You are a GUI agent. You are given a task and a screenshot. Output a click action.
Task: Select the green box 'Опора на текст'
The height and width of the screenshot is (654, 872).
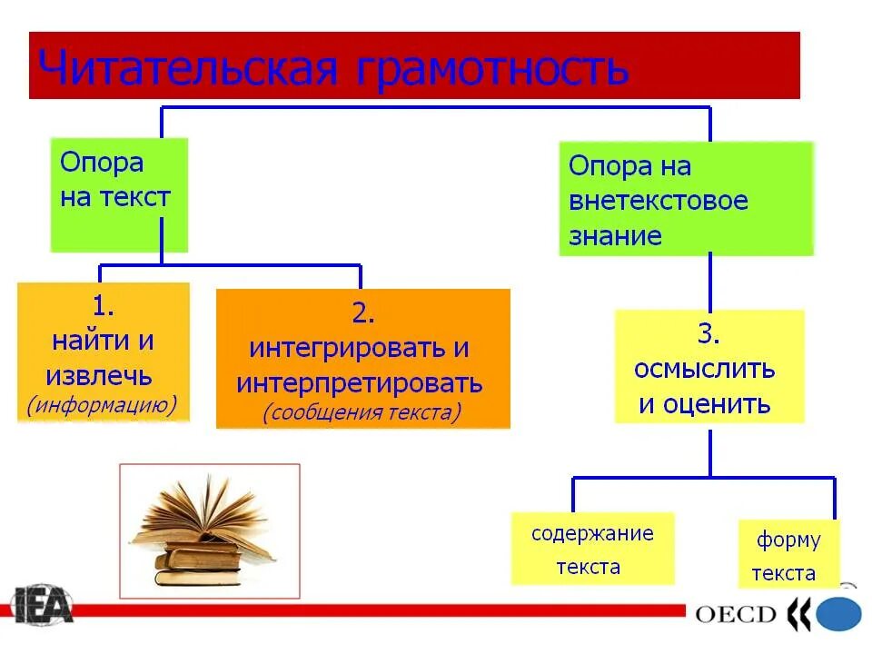tap(119, 194)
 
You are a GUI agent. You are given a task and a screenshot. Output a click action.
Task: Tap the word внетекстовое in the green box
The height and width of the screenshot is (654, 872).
tap(659, 201)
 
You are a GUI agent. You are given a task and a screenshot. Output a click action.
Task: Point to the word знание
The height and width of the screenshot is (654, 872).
tap(615, 236)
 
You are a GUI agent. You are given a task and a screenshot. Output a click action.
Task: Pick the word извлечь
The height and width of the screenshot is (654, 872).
tap(99, 375)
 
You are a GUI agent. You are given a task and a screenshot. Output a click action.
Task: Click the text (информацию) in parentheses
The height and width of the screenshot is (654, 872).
tap(102, 404)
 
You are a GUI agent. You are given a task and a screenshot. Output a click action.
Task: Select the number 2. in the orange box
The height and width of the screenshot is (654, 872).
tap(362, 314)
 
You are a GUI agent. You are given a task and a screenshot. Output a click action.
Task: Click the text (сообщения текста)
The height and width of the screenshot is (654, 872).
tap(362, 412)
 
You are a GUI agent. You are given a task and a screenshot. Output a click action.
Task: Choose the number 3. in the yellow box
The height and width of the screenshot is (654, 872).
tap(708, 334)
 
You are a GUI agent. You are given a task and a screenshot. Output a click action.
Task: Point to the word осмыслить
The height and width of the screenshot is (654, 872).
tap(705, 369)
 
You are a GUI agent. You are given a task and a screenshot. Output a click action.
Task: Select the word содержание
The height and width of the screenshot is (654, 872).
tap(592, 533)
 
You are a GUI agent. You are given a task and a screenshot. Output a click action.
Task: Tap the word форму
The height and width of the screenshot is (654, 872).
tap(788, 541)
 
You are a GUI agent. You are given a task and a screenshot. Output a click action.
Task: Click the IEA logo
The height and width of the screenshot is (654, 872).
tap(42, 605)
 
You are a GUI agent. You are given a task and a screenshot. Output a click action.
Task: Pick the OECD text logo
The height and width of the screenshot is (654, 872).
tap(735, 614)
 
